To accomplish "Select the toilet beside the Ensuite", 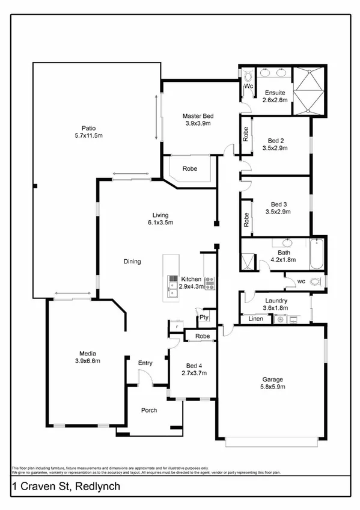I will (x=246, y=76).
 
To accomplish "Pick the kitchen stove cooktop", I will (x=209, y=283).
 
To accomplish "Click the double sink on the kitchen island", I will (x=172, y=293).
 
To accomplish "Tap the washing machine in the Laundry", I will (x=278, y=319).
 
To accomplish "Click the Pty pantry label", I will (x=204, y=317).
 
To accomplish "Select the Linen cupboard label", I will (x=255, y=319).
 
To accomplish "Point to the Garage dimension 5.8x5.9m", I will (x=273, y=387).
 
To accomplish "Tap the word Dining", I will (x=132, y=262).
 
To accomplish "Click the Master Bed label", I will (x=198, y=115).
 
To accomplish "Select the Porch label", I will (x=148, y=410).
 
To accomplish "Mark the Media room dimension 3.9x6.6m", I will (x=88, y=361).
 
